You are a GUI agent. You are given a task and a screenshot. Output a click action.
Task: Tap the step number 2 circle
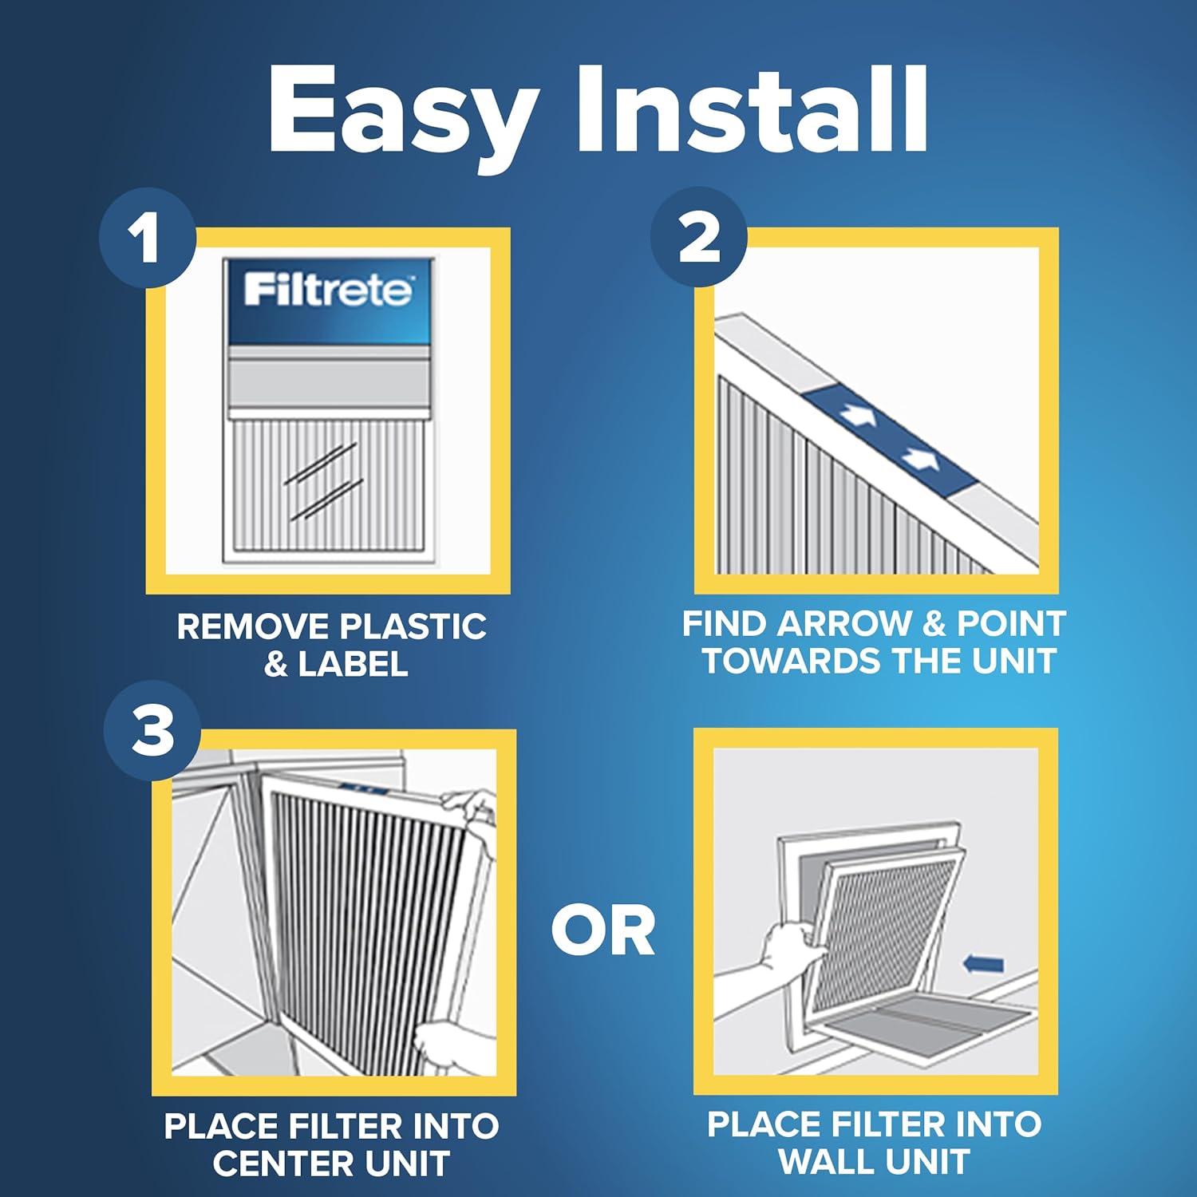pyautogui.click(x=699, y=238)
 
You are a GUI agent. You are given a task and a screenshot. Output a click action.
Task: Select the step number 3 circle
pyautogui.click(x=152, y=732)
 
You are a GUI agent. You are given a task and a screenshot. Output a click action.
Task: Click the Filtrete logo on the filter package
pyautogui.click(x=328, y=290)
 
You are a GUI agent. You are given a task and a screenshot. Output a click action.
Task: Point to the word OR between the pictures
pyautogui.click(x=603, y=931)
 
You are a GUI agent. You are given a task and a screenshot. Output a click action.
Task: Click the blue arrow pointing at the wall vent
pyautogui.click(x=983, y=965)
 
